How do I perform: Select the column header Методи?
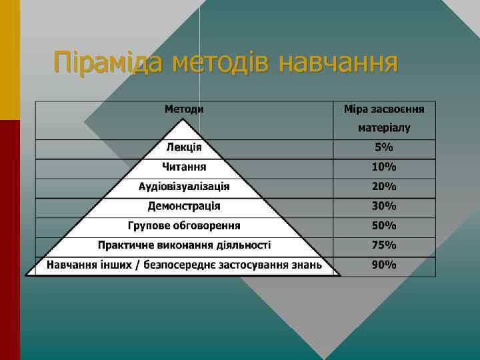pyautogui.click(x=184, y=108)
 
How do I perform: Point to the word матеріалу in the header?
pyautogui.click(x=384, y=127)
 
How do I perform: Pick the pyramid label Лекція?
pyautogui.click(x=184, y=147)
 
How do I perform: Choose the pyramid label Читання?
pyautogui.click(x=184, y=167)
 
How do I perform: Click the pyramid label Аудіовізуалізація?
pyautogui.click(x=184, y=186)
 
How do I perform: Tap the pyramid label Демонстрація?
pyautogui.click(x=184, y=206)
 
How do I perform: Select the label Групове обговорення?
pyautogui.click(x=184, y=225)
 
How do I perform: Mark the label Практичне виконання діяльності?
pyautogui.click(x=184, y=245)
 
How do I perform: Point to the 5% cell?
pyautogui.click(x=384, y=147)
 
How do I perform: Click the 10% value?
pyautogui.click(x=384, y=167)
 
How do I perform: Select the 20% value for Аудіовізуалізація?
pyautogui.click(x=384, y=186)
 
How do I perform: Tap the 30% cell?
pyautogui.click(x=384, y=206)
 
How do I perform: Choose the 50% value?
pyautogui.click(x=384, y=225)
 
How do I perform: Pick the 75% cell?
pyautogui.click(x=384, y=245)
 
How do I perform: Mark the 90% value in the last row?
pyautogui.click(x=384, y=265)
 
